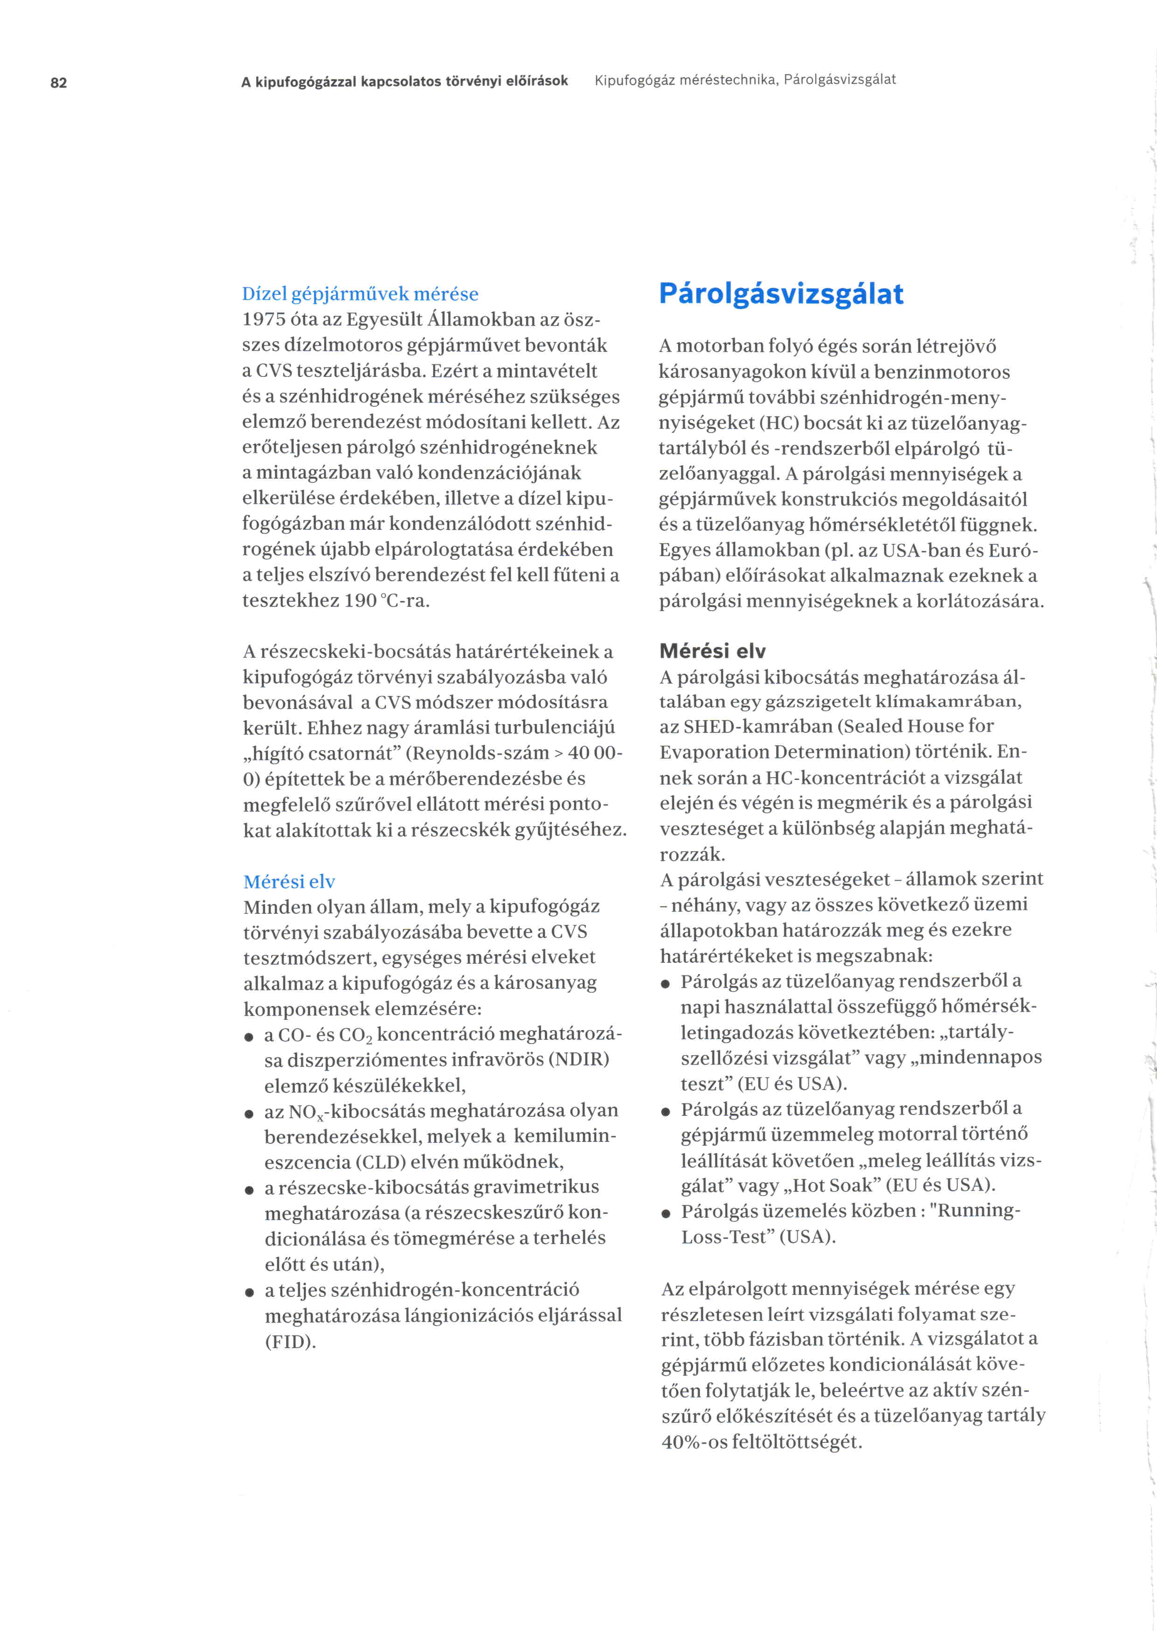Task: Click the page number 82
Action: pyautogui.click(x=58, y=83)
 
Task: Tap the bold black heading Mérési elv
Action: pyautogui.click(x=712, y=651)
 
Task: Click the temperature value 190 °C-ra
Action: pyautogui.click(x=387, y=601)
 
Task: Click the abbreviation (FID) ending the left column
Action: pyautogui.click(x=290, y=1342)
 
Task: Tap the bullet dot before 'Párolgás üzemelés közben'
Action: pyautogui.click(x=665, y=1213)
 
